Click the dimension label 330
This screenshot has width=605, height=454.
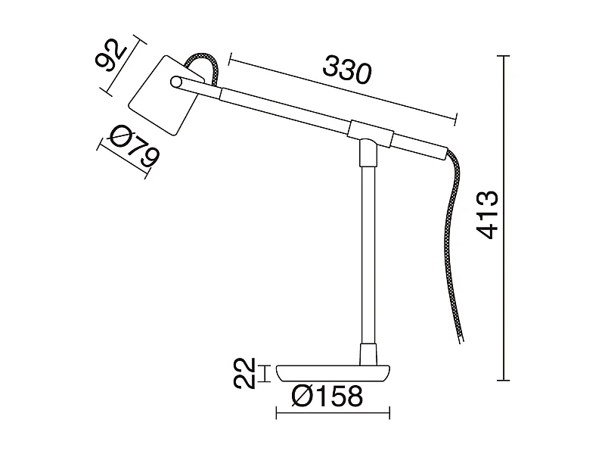point(347,70)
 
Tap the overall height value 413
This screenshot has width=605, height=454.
point(486,215)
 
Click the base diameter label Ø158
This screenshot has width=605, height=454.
point(327,394)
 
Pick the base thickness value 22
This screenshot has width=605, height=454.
point(241,373)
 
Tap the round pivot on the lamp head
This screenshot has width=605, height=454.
point(176,82)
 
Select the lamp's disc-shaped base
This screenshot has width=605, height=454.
point(334,372)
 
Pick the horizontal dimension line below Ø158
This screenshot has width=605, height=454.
point(334,413)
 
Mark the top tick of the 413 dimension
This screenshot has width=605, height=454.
point(505,56)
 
